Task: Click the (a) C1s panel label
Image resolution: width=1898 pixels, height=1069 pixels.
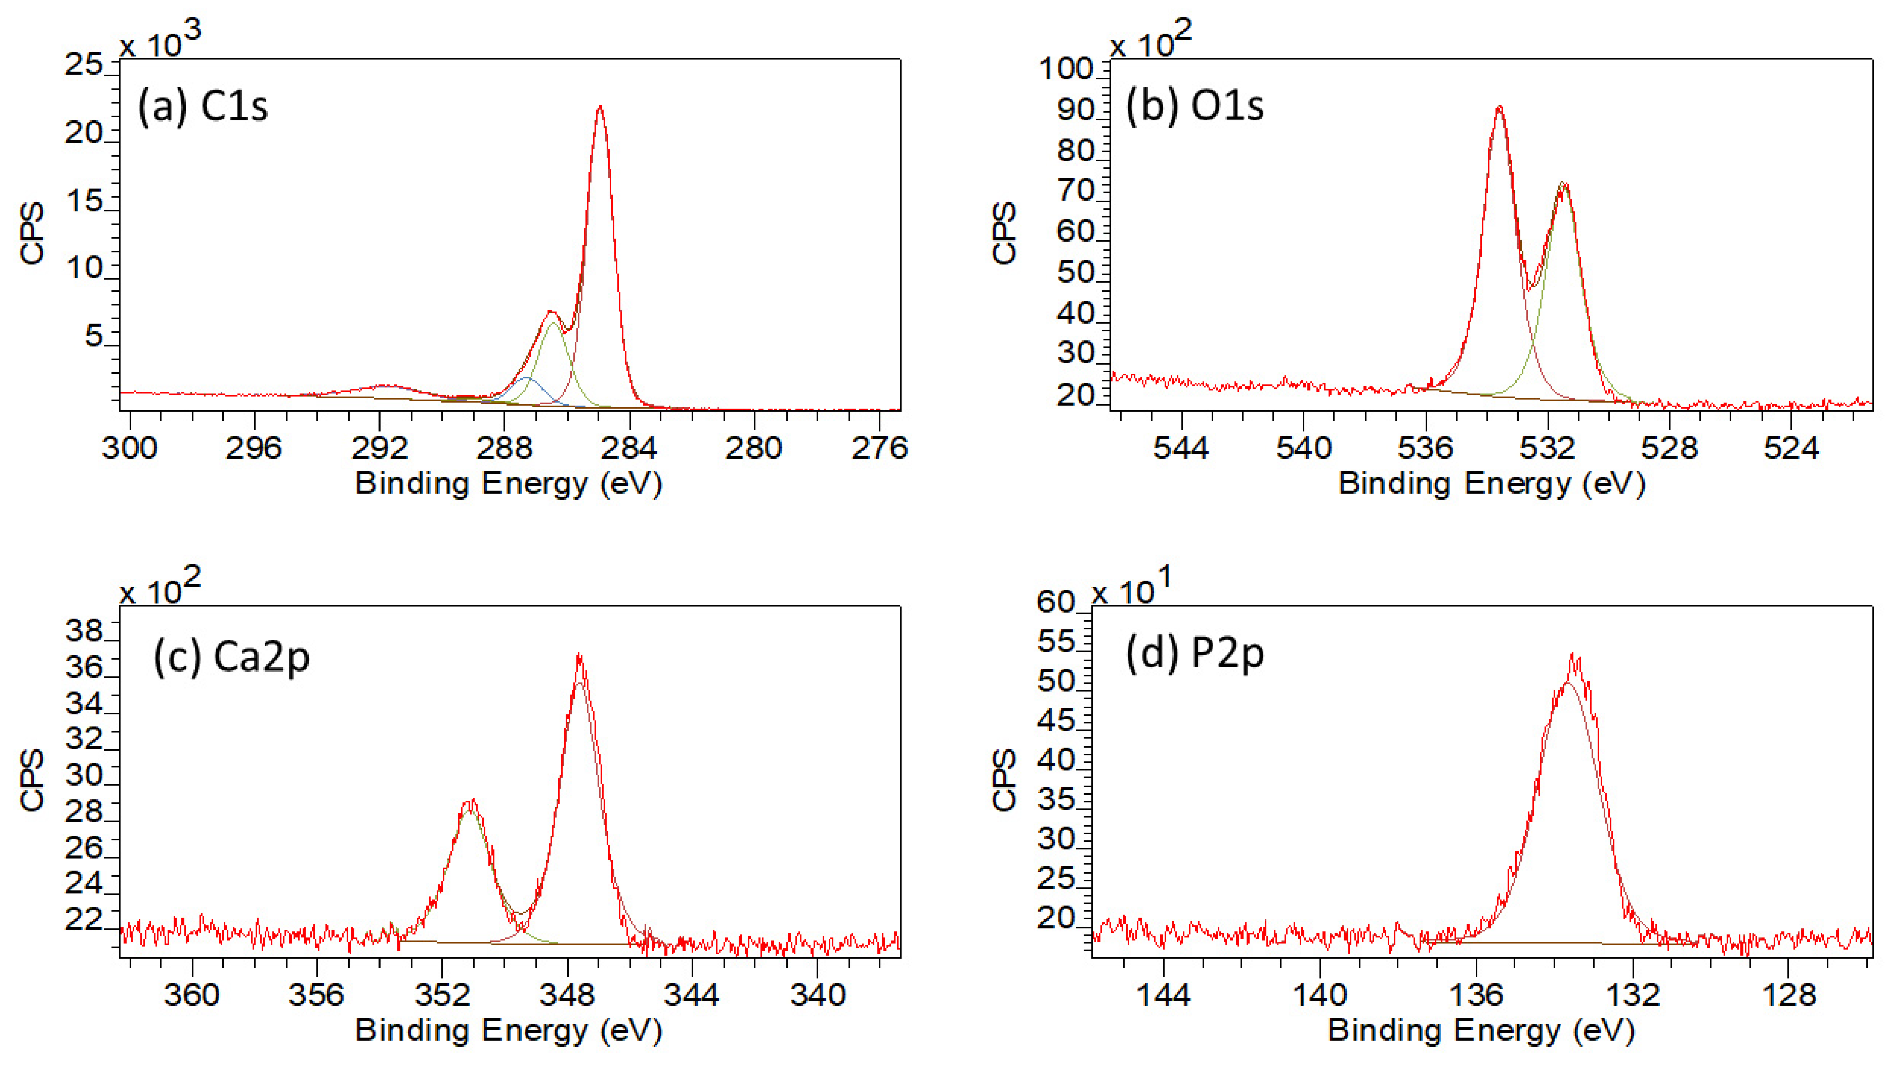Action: coord(203,107)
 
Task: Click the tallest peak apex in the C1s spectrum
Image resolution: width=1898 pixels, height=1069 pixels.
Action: coord(600,108)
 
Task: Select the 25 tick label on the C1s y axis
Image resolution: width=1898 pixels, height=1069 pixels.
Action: coord(83,65)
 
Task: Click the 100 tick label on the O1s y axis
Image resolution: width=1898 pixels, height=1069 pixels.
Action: coord(1065,69)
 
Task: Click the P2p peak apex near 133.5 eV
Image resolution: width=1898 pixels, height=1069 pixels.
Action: coord(1574,656)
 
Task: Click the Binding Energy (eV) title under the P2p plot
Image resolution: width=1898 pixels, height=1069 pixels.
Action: coord(1481,1030)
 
